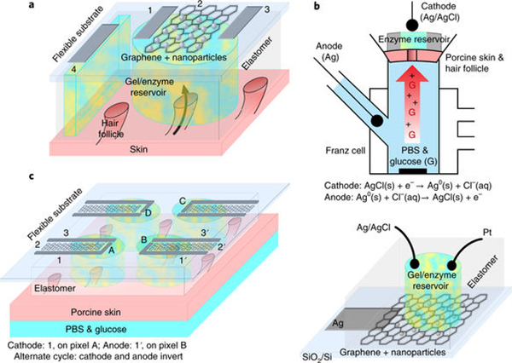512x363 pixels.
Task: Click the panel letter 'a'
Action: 9,8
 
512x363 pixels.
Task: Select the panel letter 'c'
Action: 9,176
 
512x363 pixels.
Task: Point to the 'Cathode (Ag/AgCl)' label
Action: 417,13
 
